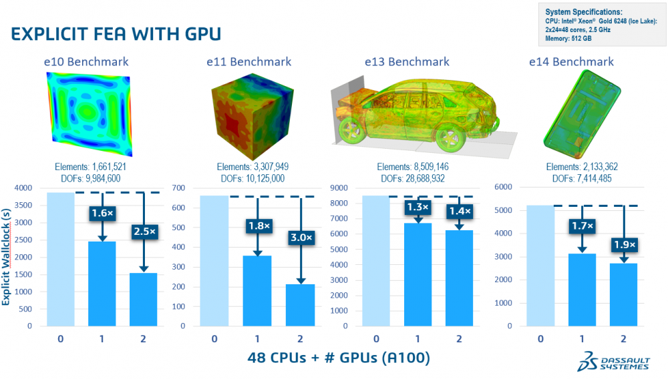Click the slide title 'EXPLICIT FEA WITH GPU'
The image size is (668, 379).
pyautogui.click(x=116, y=33)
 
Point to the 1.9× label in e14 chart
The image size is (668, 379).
pyautogui.click(x=623, y=244)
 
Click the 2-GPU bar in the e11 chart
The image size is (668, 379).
pyautogui.click(x=299, y=305)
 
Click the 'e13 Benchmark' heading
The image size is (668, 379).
pyautogui.click(x=407, y=61)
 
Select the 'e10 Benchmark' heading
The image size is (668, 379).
pyautogui.click(x=86, y=61)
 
